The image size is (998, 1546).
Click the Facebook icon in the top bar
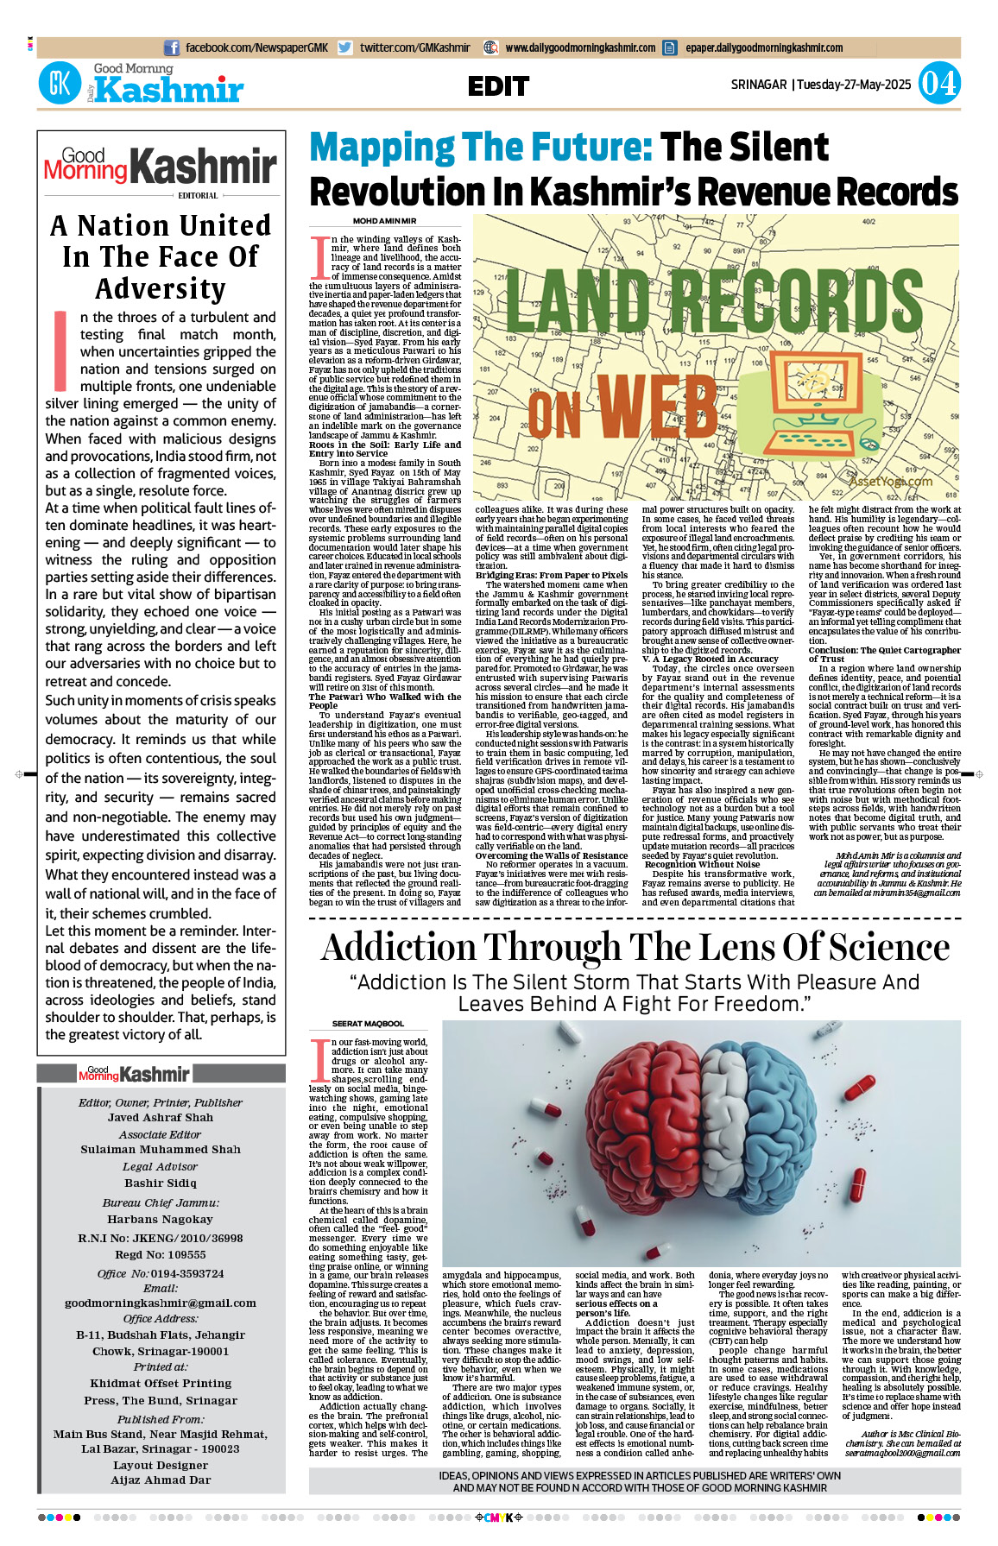coord(172,48)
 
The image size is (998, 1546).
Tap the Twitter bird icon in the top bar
coord(345,48)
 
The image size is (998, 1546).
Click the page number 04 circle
coord(938,84)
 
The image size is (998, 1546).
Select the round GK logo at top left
coord(60,84)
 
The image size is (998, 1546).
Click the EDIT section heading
coord(498,86)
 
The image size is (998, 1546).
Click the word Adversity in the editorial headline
coord(161,288)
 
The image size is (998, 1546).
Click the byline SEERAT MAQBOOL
coord(368,1024)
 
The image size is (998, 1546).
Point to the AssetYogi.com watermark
coord(890,481)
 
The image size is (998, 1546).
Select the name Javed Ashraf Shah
coord(161,1117)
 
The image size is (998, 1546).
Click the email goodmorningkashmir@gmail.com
coord(161,1303)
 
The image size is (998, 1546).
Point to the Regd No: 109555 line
coord(161,1254)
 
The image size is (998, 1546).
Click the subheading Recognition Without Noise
coord(702,864)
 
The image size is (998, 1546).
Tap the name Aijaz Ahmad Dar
coord(161,1480)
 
